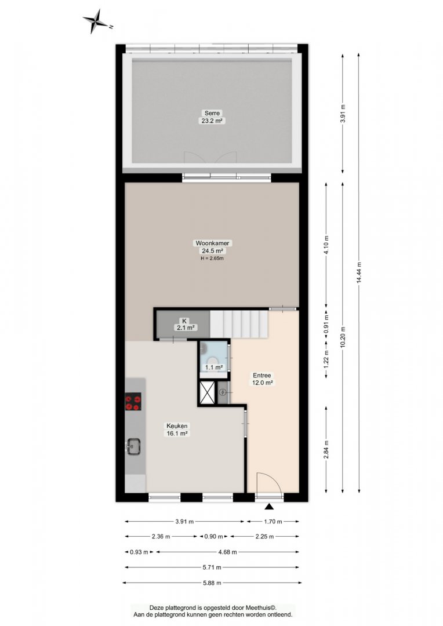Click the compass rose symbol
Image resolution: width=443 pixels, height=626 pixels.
(x=96, y=20)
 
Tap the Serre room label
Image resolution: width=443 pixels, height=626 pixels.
(x=212, y=113)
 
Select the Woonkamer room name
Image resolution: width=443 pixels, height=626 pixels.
(x=212, y=243)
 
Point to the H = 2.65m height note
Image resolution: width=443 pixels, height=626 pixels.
(x=212, y=259)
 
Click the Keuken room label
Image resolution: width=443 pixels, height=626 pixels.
(x=177, y=426)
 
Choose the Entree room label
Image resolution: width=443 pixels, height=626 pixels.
(x=262, y=375)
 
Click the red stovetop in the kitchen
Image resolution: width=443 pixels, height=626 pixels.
(x=133, y=402)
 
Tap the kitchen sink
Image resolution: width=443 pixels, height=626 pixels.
(x=133, y=446)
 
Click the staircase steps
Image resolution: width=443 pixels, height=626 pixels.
(x=239, y=324)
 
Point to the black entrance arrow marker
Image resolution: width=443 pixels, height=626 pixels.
(x=270, y=507)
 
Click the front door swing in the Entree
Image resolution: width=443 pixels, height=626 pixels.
(x=270, y=483)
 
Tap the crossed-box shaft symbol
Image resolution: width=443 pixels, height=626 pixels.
(x=208, y=392)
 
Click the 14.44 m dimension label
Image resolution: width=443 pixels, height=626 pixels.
(x=359, y=272)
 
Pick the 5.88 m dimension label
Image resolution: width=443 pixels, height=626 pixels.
(x=212, y=583)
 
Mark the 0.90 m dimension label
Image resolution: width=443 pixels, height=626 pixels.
(x=214, y=537)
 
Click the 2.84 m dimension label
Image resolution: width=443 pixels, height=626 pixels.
(x=326, y=449)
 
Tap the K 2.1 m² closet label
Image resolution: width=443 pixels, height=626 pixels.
(x=184, y=324)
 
